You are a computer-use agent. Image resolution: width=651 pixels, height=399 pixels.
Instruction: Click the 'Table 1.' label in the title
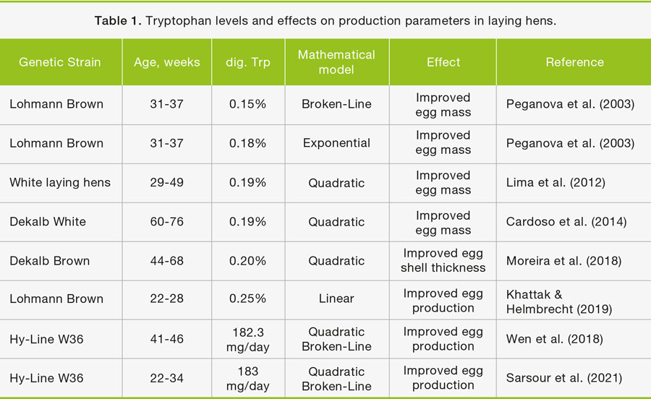coord(118,21)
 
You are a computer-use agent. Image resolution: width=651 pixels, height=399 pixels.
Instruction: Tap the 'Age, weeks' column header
coord(166,62)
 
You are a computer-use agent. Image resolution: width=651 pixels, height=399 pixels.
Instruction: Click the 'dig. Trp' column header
coord(250,62)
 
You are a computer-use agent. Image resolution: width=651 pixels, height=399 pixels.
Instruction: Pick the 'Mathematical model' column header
coord(337,62)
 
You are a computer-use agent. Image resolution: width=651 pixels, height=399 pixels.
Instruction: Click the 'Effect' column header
coord(443,62)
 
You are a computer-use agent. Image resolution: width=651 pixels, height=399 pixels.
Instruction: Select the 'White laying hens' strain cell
coord(60,182)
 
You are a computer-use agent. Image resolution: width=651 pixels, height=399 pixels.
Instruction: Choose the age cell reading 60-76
coord(166,222)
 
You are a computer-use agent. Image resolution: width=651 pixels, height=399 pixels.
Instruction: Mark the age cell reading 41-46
coord(166,338)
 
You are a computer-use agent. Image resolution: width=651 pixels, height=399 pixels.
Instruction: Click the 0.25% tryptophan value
coord(248,299)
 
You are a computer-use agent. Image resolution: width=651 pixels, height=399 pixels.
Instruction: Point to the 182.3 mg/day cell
coord(248,338)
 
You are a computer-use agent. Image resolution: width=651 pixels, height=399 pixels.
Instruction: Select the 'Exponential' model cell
coord(337,143)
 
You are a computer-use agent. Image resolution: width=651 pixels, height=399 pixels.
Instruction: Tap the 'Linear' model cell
coord(337,299)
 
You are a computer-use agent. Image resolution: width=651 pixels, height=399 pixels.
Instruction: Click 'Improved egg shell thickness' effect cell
coord(443,260)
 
